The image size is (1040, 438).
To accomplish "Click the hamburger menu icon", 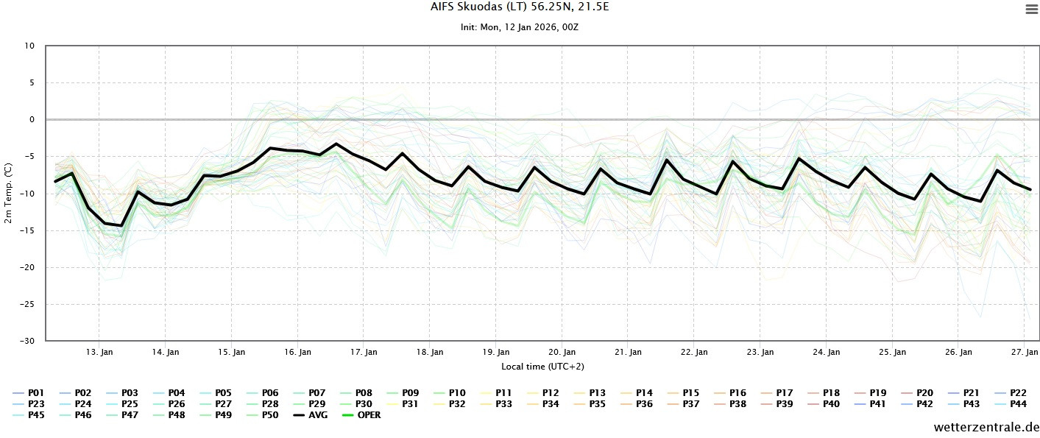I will [x=1030, y=10].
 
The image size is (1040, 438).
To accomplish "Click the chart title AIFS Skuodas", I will [x=520, y=7].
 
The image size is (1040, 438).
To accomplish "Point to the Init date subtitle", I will [x=520, y=27].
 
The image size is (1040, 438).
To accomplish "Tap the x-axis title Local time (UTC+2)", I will [x=542, y=366].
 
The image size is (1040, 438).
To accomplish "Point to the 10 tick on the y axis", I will [x=29, y=46].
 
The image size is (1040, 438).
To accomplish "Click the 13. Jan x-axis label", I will [x=99, y=352].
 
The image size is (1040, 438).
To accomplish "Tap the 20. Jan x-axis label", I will [x=562, y=352].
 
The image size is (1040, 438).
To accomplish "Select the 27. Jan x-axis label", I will [x=1024, y=352].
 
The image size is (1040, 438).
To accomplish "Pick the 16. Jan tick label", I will [x=297, y=352].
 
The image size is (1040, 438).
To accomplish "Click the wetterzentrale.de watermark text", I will [x=986, y=427].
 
